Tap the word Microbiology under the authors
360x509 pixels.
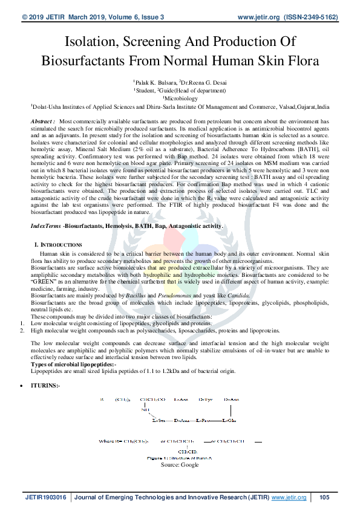click(180, 97)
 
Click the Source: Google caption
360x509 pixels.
click(180, 465)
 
